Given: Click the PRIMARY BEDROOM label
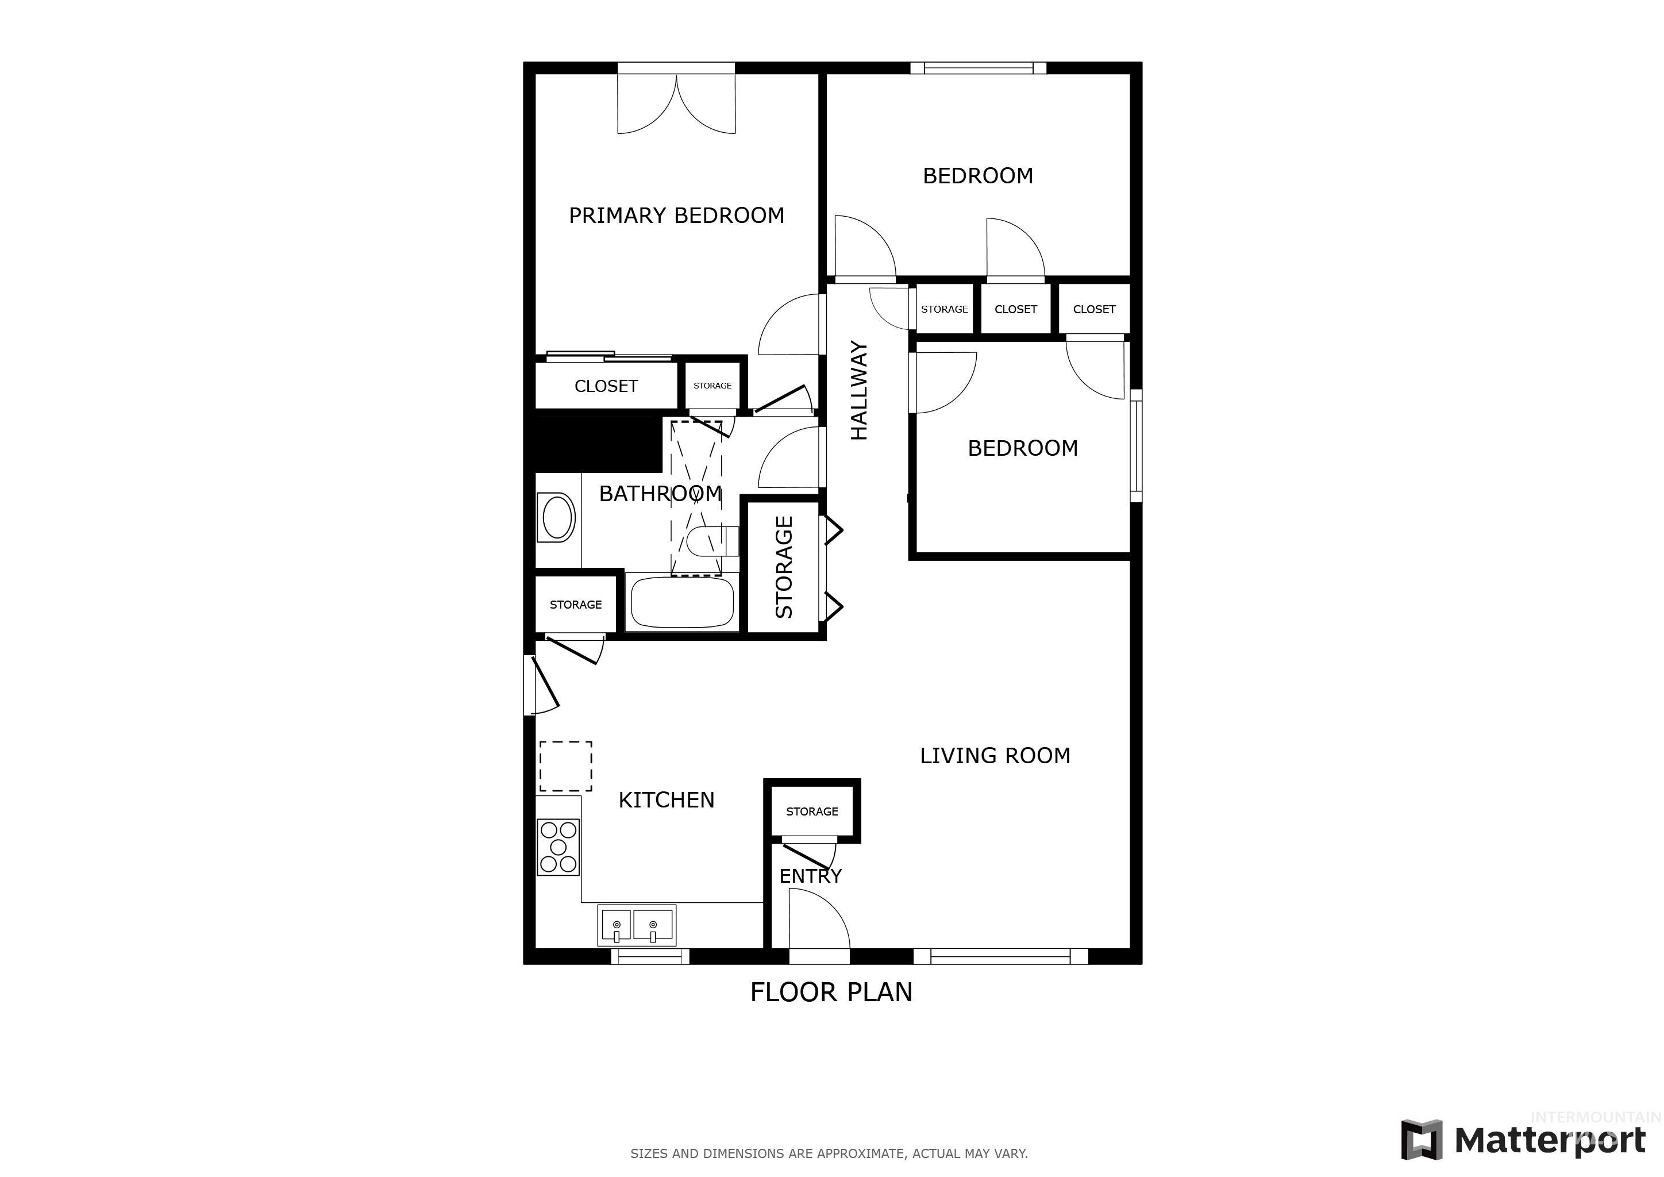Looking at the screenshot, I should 676,216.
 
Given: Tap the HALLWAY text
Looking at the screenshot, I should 859,391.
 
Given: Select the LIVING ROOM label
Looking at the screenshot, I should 995,756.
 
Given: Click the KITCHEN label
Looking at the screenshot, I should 666,800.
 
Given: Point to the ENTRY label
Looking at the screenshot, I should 810,876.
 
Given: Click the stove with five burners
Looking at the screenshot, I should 558,847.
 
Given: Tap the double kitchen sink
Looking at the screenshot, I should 635,925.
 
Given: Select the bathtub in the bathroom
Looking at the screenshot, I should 682,602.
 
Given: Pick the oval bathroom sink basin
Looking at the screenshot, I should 557,517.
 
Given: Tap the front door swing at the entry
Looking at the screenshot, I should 818,921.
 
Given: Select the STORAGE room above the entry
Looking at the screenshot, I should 812,811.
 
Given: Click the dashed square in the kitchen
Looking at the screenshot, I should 565,766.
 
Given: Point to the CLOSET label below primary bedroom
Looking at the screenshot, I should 606,386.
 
